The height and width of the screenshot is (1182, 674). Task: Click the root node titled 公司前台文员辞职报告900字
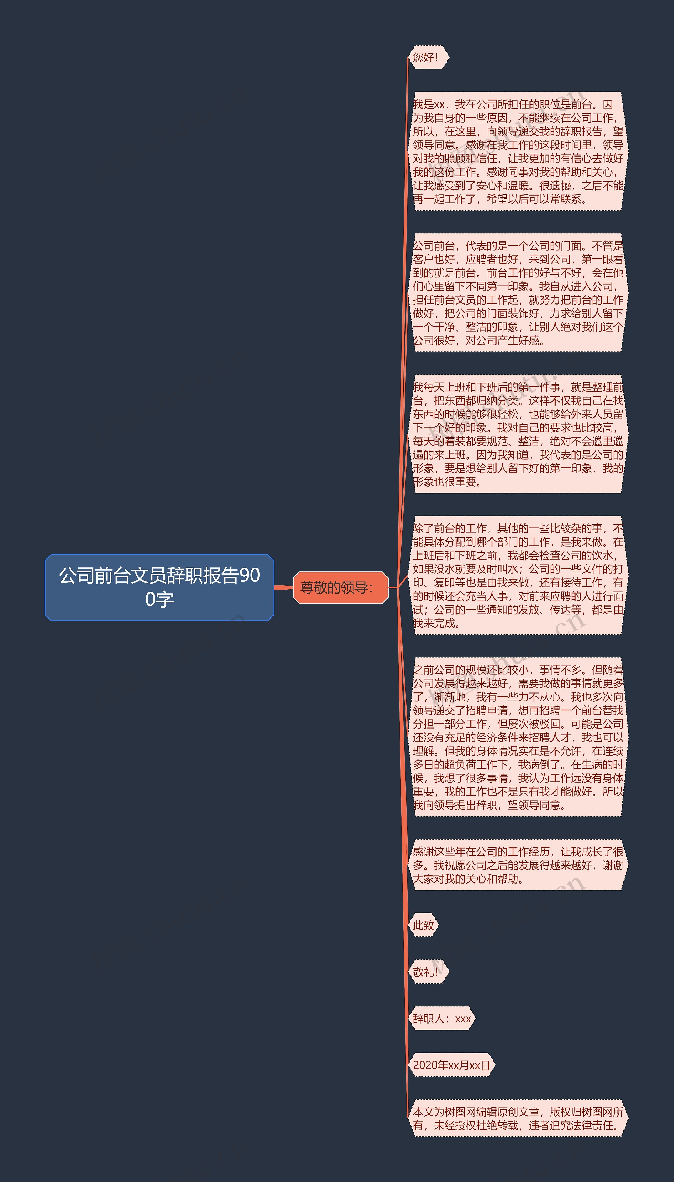click(159, 587)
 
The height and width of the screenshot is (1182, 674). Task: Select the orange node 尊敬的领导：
click(340, 587)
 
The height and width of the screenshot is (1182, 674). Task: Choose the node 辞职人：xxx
click(442, 1018)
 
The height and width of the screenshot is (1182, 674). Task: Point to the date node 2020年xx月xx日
click(451, 1065)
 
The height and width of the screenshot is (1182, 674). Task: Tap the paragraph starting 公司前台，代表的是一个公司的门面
click(518, 293)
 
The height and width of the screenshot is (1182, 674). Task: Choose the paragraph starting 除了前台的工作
click(518, 576)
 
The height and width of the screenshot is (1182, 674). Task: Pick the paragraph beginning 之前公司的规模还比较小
click(518, 737)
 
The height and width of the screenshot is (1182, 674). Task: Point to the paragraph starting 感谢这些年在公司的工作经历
click(518, 865)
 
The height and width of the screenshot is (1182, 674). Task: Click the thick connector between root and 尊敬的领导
click(283, 587)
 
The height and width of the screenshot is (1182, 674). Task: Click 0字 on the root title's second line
click(159, 600)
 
